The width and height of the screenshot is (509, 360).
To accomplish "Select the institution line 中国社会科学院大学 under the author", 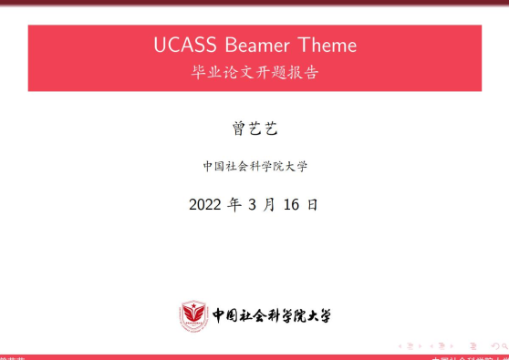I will tap(254, 166).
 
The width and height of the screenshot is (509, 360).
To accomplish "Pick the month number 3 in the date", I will tap(253, 204).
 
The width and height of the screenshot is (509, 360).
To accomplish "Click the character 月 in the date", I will tap(269, 204).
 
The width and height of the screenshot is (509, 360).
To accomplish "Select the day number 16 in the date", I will tap(292, 204).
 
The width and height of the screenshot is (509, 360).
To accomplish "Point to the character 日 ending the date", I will tap(313, 204).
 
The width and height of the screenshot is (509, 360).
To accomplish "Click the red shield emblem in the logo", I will tap(192, 315).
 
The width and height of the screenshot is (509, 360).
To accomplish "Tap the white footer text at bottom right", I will tap(469, 357).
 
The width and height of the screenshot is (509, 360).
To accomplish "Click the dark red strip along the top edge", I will tap(254, 3).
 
